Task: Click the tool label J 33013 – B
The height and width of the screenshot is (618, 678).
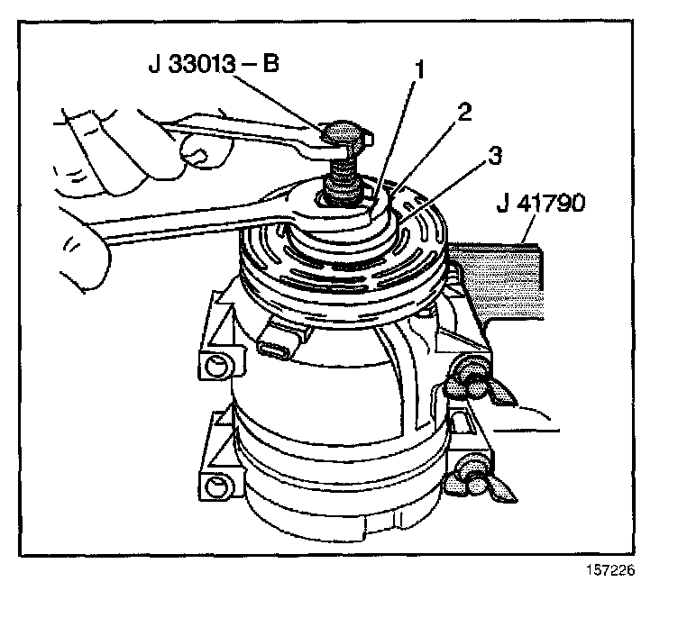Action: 213,65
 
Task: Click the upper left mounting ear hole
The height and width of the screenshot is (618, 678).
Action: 216,366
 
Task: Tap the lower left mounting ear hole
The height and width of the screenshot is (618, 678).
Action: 216,488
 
